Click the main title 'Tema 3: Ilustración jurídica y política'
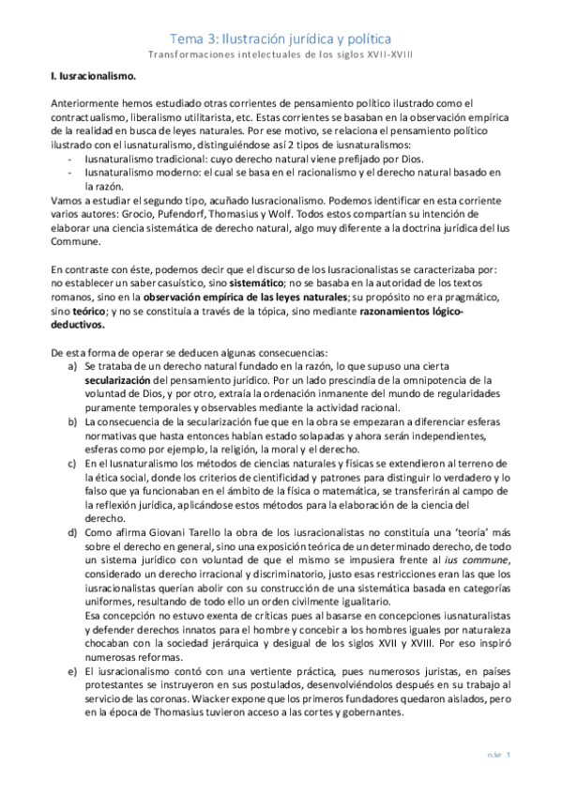[281, 38]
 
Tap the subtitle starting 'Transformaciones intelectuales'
[281, 55]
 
